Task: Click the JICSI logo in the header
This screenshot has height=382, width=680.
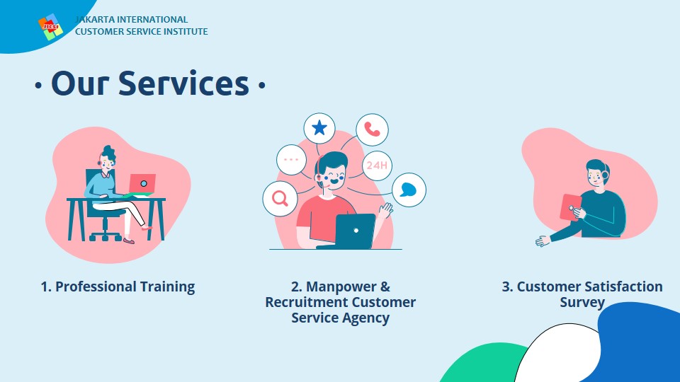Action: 50,27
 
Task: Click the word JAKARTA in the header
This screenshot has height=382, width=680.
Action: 95,20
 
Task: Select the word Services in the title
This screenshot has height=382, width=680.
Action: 184,83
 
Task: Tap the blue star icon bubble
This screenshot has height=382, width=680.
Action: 319,128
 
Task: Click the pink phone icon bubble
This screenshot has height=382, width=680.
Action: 372,129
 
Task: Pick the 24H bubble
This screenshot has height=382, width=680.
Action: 377,165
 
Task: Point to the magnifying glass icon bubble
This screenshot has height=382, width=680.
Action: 280,198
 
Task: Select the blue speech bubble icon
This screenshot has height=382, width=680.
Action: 409,190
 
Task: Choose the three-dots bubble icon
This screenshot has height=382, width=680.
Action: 291,159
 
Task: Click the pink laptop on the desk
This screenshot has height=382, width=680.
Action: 142,184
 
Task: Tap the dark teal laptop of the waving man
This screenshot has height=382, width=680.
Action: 354,231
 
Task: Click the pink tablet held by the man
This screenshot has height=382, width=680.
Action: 570,207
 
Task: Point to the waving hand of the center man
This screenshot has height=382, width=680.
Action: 385,210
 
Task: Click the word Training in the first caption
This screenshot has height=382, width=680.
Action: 167,286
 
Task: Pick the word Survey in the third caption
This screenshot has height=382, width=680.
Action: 582,302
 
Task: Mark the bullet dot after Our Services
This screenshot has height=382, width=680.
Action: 261,86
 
